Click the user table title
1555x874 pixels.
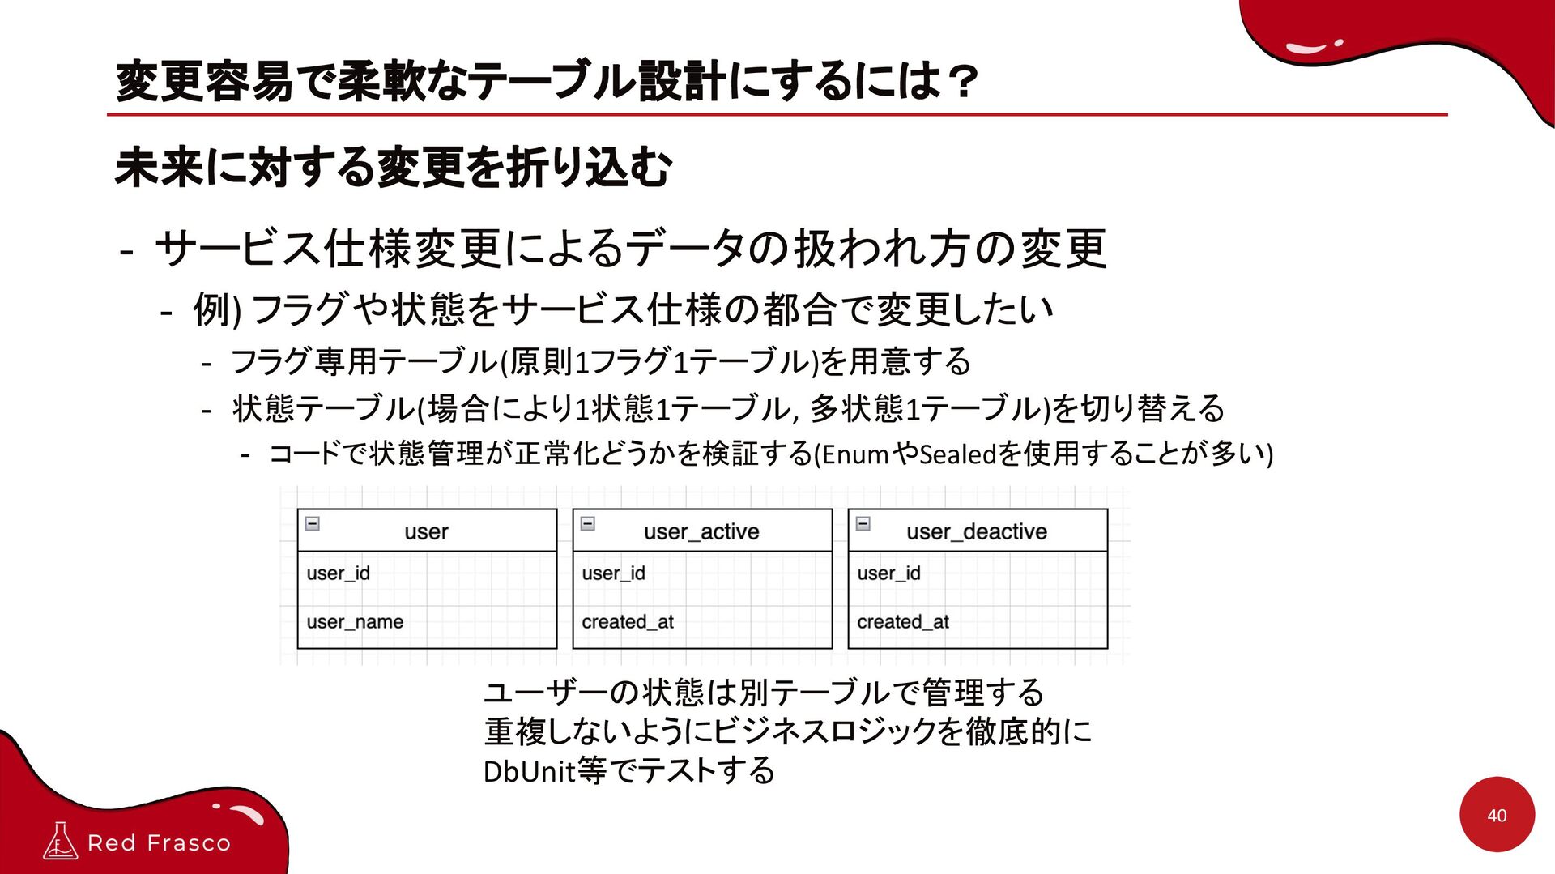coord(426,531)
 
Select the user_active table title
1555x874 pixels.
coord(701,531)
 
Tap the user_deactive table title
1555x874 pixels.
coord(976,531)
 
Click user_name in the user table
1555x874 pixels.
coord(355,622)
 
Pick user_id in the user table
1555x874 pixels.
coord(338,573)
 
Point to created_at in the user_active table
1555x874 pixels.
coord(628,622)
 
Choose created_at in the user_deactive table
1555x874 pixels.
coord(903,622)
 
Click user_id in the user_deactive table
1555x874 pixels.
coord(888,573)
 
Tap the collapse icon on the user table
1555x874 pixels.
coord(313,523)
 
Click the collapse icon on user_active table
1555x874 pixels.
coord(588,523)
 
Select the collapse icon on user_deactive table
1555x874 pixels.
coord(863,523)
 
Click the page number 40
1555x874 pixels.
coord(1497,816)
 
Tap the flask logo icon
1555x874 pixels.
coord(60,841)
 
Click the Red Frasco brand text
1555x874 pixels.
coord(159,843)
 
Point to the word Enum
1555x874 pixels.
coord(855,454)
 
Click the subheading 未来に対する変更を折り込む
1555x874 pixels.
coord(394,168)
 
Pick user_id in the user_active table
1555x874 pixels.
coord(613,573)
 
